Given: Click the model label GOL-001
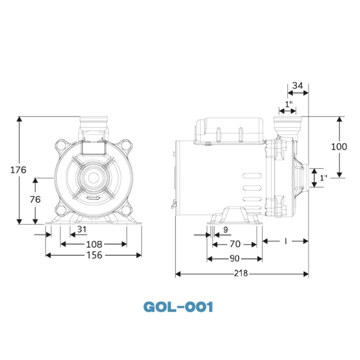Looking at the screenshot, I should [178, 307].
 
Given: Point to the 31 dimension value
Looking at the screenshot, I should [81, 229].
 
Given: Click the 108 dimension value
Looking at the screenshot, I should [94, 244].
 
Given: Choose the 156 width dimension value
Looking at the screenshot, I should [94, 255].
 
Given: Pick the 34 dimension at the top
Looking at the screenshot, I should [297, 85].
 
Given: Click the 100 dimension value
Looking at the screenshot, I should [339, 147].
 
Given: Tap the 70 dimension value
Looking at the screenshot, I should [234, 244].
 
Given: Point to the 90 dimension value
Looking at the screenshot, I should [234, 259].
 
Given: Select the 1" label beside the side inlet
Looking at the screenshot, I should [323, 178].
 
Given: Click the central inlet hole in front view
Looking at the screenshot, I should [94, 177].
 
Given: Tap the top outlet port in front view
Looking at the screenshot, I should [94, 123].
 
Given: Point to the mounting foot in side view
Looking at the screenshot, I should [234, 216].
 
